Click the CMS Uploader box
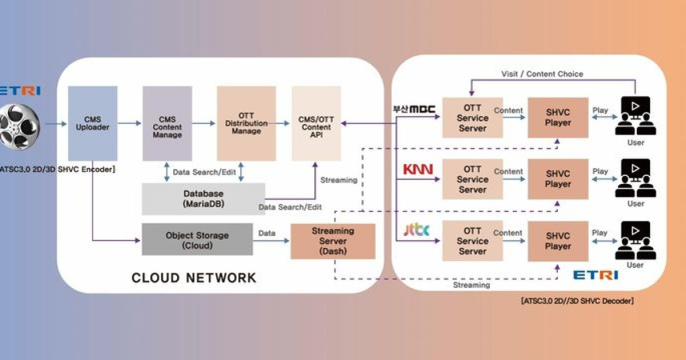(93, 123)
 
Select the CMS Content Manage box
(167, 123)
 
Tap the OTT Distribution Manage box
(246, 123)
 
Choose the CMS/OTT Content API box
(316, 123)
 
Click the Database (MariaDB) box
(204, 199)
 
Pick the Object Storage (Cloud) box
(197, 239)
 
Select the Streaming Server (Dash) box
(333, 241)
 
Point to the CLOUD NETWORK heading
(194, 278)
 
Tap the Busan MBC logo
(414, 109)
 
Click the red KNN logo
(418, 170)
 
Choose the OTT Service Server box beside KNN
(472, 179)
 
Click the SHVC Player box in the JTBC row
(557, 241)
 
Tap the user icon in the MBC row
(635, 117)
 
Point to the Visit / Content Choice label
(542, 74)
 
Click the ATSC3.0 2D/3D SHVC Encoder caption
(58, 169)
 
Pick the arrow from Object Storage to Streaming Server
(272, 241)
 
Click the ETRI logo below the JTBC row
(595, 275)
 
